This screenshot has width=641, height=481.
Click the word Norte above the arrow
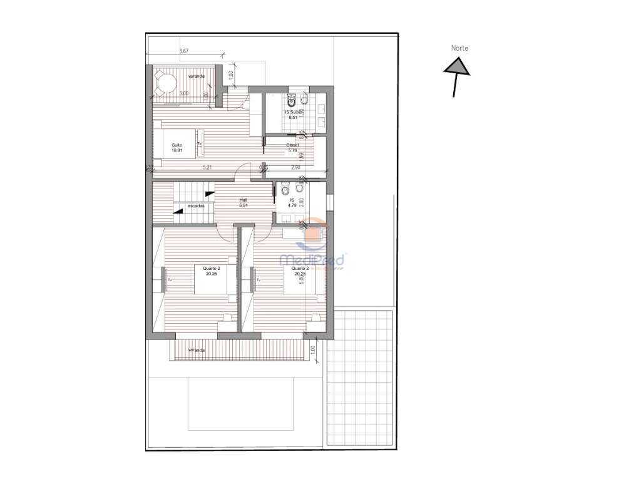[x=459, y=48]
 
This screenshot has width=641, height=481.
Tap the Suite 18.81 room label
[x=177, y=147]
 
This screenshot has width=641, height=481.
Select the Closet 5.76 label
[x=292, y=148]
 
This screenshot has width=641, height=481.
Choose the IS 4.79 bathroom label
[x=292, y=202]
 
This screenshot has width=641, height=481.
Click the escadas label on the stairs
[x=195, y=205]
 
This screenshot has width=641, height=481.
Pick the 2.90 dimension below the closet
[x=296, y=168]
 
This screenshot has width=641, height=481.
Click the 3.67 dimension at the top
[x=184, y=51]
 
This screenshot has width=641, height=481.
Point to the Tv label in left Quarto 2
[x=170, y=280]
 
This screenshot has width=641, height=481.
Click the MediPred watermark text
[x=312, y=259]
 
